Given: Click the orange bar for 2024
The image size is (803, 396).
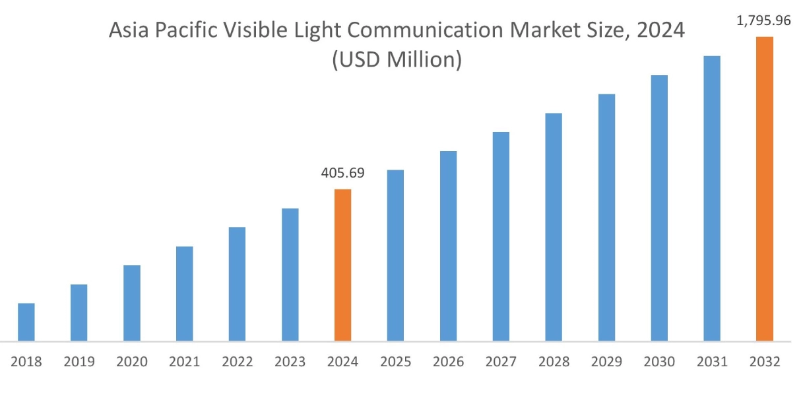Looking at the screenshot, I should [x=342, y=265].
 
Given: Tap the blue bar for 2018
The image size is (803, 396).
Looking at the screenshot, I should [x=26, y=322].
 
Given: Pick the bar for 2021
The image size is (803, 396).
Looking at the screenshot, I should [x=185, y=294].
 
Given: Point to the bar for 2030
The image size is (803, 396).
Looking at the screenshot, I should [x=659, y=208].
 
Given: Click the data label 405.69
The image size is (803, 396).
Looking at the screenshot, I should [x=342, y=174].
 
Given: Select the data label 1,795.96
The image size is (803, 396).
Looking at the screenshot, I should [x=763, y=21].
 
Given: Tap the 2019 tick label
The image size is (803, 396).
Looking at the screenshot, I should [x=79, y=362].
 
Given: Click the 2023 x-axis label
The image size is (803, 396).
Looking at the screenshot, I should [x=290, y=362].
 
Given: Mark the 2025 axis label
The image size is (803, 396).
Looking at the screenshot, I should [x=395, y=362].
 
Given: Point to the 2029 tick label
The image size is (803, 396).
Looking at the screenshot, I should [x=606, y=362].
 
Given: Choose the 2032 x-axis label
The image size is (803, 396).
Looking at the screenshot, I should [x=764, y=362].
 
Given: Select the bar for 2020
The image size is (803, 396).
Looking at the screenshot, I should [x=132, y=303].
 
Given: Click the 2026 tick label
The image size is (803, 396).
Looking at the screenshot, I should [x=448, y=362].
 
